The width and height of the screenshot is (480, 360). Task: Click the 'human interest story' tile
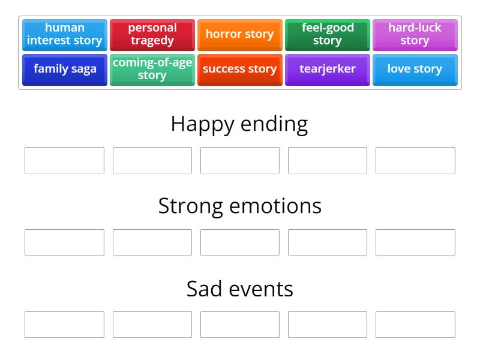click(x=65, y=35)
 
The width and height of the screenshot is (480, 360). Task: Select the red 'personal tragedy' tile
click(x=152, y=35)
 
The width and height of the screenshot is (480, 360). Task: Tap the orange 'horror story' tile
click(x=239, y=35)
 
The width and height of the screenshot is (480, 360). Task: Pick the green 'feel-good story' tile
click(x=327, y=35)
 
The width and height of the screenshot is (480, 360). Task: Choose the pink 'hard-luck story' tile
click(x=415, y=35)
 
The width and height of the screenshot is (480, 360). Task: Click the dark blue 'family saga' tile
click(x=65, y=70)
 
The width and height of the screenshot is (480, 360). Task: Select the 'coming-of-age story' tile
click(x=152, y=70)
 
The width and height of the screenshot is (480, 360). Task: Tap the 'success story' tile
click(x=239, y=70)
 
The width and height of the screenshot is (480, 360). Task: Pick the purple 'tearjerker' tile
click(x=327, y=70)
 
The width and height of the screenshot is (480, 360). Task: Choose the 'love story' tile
click(x=415, y=70)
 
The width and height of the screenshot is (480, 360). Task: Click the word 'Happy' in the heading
click(x=203, y=125)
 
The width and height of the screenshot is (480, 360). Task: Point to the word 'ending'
click(x=274, y=125)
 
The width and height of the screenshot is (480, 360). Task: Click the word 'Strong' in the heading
click(x=191, y=206)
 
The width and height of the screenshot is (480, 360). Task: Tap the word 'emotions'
click(x=275, y=206)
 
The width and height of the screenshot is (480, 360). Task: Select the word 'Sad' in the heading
click(x=204, y=289)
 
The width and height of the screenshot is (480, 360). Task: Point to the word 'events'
click(x=261, y=289)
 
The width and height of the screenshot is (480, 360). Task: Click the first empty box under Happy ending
click(x=64, y=160)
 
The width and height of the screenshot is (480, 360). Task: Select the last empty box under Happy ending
click(x=415, y=160)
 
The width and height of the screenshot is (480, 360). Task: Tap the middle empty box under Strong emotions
click(x=239, y=242)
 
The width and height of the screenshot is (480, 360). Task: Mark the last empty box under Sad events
click(x=415, y=325)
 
